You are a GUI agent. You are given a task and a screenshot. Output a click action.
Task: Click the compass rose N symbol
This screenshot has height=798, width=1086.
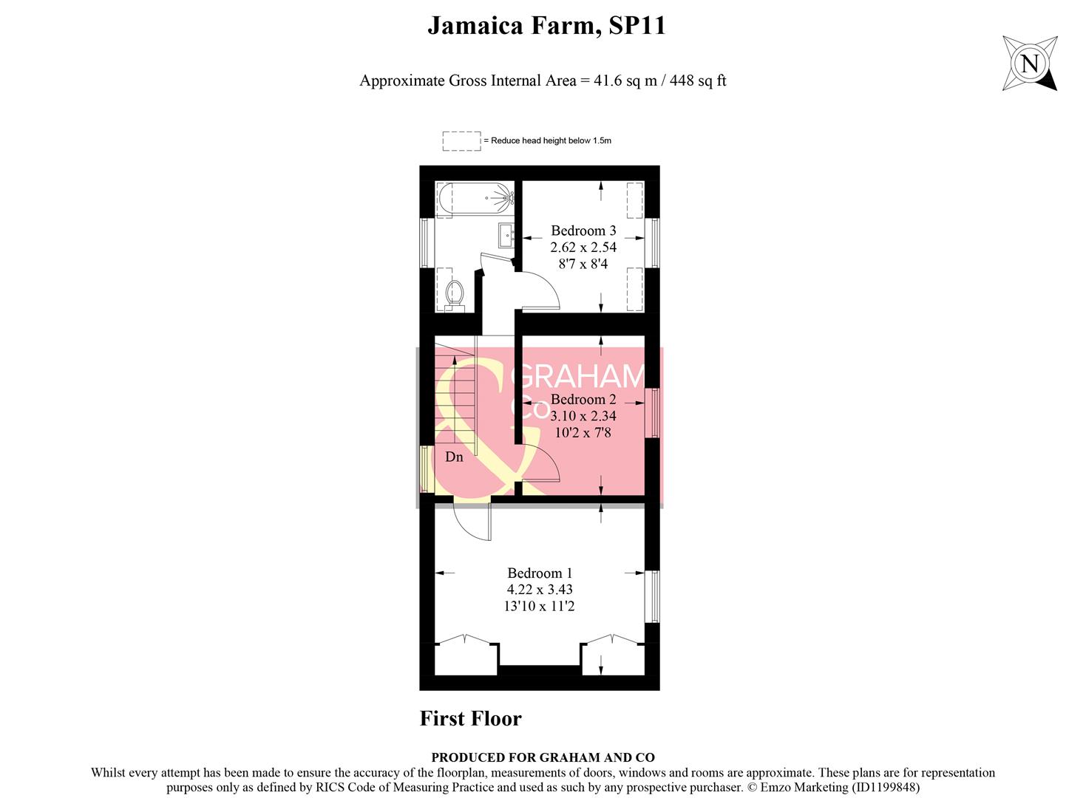[x=1029, y=64]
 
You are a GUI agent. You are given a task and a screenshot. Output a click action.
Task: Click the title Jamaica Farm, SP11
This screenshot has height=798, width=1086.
[x=546, y=26]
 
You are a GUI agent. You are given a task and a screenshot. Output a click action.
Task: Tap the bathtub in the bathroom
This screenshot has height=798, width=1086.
[x=475, y=197]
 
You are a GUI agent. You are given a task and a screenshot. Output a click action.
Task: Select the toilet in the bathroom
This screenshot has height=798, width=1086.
[x=455, y=293]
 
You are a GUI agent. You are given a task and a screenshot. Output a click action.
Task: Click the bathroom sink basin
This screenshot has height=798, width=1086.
[x=506, y=235]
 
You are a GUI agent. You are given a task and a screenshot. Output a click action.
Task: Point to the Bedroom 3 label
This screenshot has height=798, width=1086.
[x=583, y=231]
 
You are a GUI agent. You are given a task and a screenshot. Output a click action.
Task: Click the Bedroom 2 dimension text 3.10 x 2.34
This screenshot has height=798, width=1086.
[x=583, y=416]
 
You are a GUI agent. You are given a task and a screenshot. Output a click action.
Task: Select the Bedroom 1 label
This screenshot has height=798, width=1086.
[x=540, y=573]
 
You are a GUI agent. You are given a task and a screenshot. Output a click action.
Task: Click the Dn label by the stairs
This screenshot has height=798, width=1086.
[x=454, y=457]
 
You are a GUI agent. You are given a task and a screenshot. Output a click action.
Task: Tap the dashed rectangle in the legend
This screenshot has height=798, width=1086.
[x=461, y=140]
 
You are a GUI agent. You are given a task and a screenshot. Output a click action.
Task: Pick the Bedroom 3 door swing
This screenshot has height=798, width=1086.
[x=540, y=289]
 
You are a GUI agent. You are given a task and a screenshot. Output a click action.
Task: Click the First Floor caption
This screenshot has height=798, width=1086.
[x=470, y=718]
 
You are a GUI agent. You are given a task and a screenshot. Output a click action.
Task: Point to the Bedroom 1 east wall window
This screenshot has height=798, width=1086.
[x=651, y=596]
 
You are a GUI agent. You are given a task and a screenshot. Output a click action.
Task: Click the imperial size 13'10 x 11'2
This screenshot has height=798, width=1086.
[x=540, y=607]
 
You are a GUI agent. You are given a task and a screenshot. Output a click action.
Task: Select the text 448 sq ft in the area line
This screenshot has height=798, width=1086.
[x=697, y=81]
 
